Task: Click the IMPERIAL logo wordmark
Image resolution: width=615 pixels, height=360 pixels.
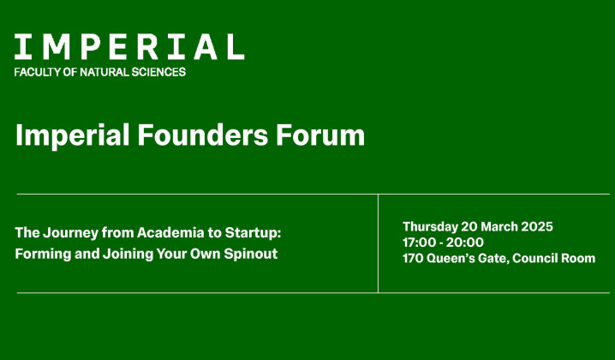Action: [x=128, y=46]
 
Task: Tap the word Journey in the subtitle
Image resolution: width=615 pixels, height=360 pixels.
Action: [x=68, y=232]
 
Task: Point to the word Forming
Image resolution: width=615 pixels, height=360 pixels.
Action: [x=42, y=254]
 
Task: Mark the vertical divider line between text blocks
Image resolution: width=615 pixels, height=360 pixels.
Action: [x=378, y=243]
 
